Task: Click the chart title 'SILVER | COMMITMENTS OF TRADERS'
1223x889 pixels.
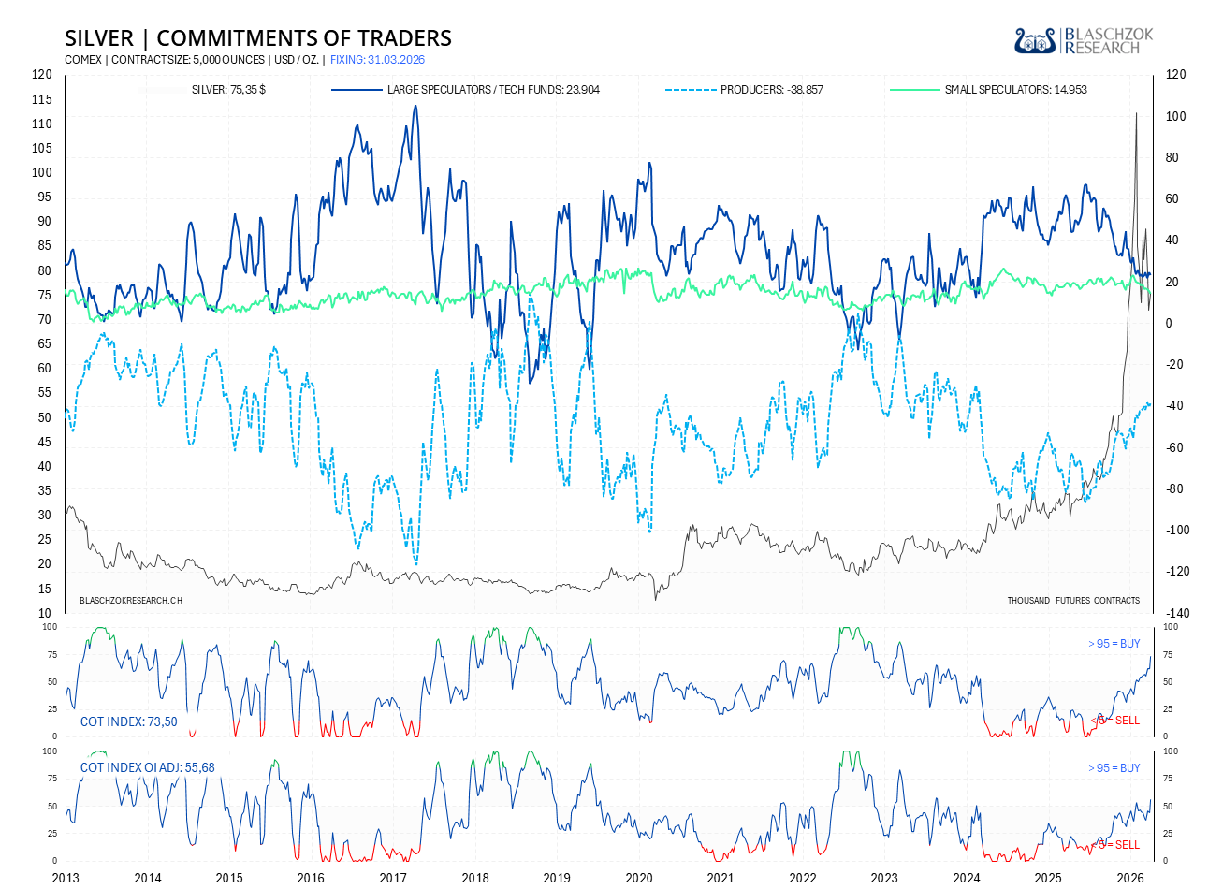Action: click(x=257, y=38)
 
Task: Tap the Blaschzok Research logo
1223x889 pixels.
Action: click(x=1084, y=41)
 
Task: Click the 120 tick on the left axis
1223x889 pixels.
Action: click(x=42, y=75)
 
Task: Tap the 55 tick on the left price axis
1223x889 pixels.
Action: click(x=44, y=393)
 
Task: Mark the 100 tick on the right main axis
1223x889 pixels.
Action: click(x=1175, y=117)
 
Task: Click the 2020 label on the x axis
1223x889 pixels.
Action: click(x=639, y=878)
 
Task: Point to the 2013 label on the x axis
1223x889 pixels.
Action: click(x=66, y=878)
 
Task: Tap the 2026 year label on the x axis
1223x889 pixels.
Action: click(x=1131, y=878)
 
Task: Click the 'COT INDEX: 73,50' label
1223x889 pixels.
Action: click(x=129, y=721)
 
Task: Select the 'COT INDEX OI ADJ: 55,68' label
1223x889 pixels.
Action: click(x=148, y=768)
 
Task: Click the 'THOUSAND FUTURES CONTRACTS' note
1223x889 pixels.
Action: click(x=1073, y=601)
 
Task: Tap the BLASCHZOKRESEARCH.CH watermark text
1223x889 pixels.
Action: click(x=131, y=601)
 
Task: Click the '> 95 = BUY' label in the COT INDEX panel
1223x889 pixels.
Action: click(x=1114, y=644)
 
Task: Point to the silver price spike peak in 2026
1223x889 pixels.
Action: click(x=1136, y=113)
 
